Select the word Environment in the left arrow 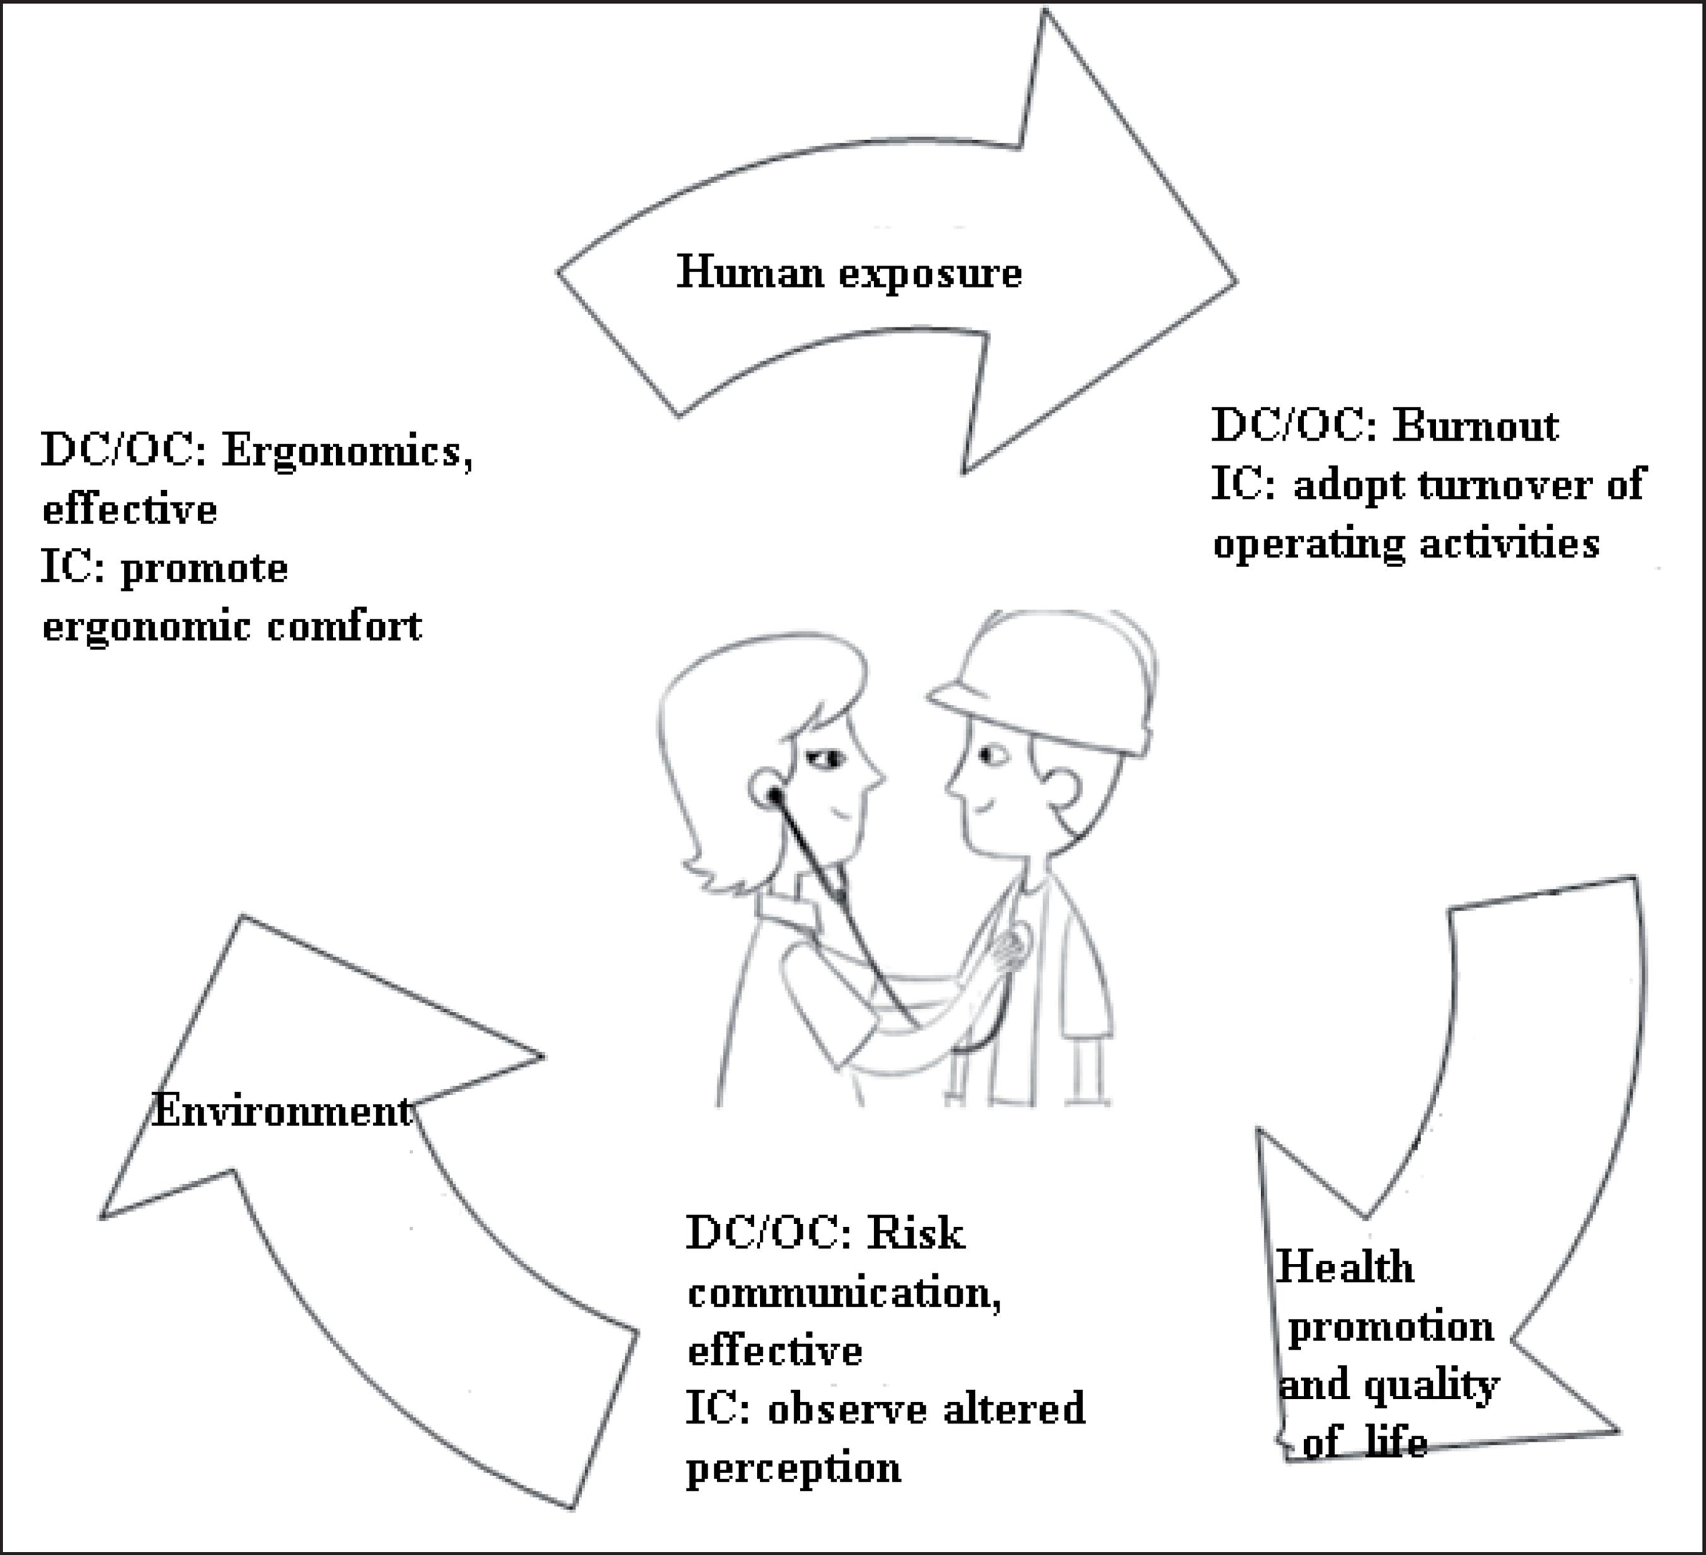click(x=282, y=1111)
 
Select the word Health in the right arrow click(x=1345, y=1268)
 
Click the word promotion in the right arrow click(x=1390, y=1326)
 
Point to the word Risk click(x=916, y=1234)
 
